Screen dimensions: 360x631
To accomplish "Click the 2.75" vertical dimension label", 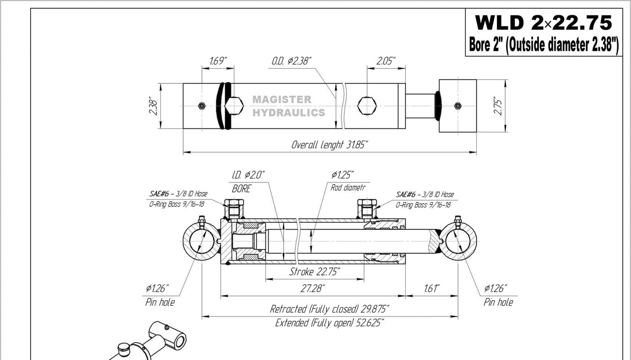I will [x=498, y=106].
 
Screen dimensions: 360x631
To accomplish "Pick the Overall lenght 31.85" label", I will [x=330, y=145].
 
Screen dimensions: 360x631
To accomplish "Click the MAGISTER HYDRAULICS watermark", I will [x=289, y=106].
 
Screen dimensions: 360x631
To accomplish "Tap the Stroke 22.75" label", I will [x=315, y=272].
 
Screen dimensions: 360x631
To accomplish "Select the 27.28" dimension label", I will [x=313, y=289].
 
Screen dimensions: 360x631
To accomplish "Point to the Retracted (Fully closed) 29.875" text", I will [x=330, y=309].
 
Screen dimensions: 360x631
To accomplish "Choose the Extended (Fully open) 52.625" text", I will [x=330, y=324].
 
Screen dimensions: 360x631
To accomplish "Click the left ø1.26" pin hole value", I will [x=157, y=289].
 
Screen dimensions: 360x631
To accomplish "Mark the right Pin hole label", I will [x=498, y=302].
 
